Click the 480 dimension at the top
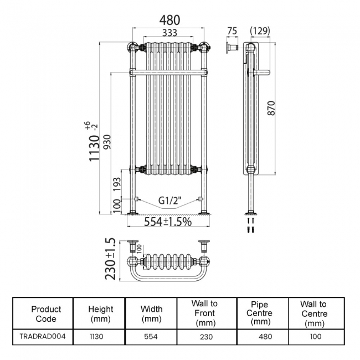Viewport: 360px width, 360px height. click(x=169, y=19)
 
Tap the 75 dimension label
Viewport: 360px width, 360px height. click(x=232, y=31)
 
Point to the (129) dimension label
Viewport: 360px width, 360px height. click(x=260, y=31)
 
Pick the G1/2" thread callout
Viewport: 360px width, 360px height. click(x=169, y=200)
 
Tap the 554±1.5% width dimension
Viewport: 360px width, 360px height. click(x=168, y=222)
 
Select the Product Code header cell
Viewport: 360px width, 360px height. click(x=46, y=313)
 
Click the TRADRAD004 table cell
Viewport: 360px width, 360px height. click(x=46, y=336)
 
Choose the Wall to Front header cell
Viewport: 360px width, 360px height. click(x=204, y=313)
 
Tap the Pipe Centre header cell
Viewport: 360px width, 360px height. click(x=260, y=313)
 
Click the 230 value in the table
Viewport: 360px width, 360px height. click(x=204, y=336)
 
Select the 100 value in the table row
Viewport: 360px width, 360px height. click(x=313, y=336)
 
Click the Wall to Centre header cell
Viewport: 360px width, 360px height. click(x=313, y=313)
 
